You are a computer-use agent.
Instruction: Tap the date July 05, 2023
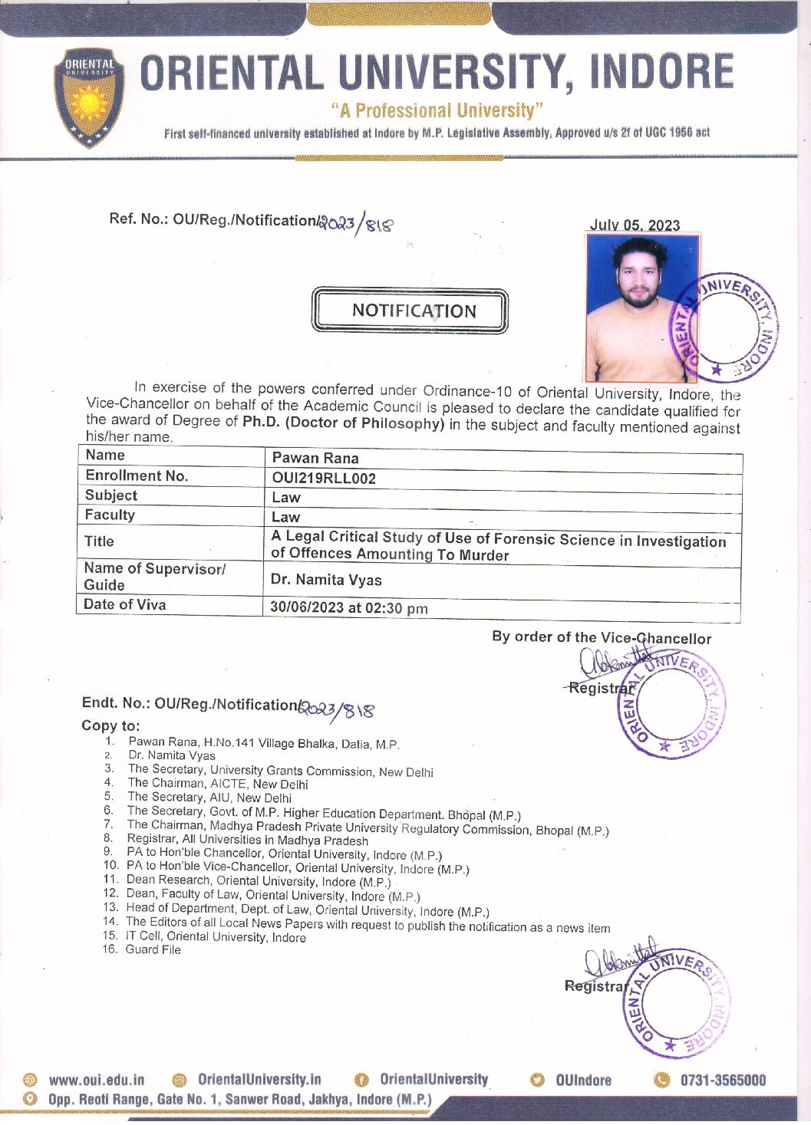[x=635, y=225]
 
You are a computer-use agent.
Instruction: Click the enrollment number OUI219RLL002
[x=324, y=479]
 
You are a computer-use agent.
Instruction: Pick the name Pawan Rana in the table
[x=315, y=458]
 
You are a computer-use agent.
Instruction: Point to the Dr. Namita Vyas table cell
[x=326, y=580]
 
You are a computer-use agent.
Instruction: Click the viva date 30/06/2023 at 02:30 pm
[x=349, y=608]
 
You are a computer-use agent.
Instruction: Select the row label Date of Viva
[x=125, y=604]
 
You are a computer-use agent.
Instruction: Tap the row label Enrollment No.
[x=137, y=475]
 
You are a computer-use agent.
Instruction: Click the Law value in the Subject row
[x=285, y=497]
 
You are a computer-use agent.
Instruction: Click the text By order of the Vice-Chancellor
[x=602, y=637]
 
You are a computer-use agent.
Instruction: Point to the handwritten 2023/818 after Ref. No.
[x=358, y=223]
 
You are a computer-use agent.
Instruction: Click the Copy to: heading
[x=110, y=725]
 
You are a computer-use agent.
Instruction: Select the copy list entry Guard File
[x=153, y=949]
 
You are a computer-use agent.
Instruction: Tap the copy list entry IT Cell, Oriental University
[x=216, y=936]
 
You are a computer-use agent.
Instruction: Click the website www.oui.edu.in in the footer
[x=96, y=1080]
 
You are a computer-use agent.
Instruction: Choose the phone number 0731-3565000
[x=723, y=1080]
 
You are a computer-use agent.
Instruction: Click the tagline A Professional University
[x=437, y=110]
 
